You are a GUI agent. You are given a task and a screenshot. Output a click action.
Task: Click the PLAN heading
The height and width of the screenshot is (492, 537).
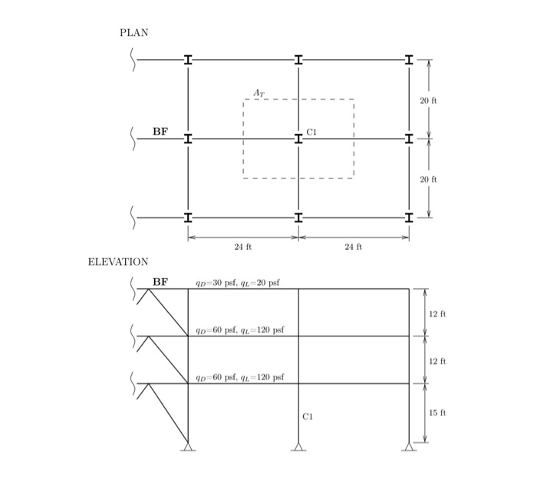(x=133, y=32)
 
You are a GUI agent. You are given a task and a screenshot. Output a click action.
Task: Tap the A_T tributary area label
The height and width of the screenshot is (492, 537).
(x=259, y=93)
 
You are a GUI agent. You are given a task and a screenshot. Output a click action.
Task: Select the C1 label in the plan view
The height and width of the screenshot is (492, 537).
(x=311, y=132)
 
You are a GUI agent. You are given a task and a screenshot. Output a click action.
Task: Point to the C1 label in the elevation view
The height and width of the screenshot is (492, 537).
(x=308, y=417)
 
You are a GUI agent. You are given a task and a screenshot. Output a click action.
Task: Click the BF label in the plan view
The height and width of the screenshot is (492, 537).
(x=160, y=132)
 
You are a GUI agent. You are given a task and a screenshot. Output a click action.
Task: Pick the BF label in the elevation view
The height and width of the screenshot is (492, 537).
(x=160, y=281)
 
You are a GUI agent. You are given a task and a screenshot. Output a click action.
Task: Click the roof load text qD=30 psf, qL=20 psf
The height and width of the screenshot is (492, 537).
(x=238, y=282)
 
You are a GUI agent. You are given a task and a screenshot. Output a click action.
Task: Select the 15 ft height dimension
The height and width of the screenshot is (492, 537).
(x=438, y=413)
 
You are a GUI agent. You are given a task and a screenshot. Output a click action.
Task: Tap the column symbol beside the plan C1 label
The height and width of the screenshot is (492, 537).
(x=298, y=139)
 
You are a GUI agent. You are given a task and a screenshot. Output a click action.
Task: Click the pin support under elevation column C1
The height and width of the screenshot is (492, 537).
(x=298, y=447)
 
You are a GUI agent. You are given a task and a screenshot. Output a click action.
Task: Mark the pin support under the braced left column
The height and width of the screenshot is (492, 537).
(x=188, y=447)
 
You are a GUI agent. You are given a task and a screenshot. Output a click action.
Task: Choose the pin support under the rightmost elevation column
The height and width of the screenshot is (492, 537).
(x=410, y=447)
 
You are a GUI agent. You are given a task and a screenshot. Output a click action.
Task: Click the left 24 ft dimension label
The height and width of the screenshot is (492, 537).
(x=243, y=247)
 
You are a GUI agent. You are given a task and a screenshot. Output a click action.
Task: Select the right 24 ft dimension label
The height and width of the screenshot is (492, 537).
(x=354, y=247)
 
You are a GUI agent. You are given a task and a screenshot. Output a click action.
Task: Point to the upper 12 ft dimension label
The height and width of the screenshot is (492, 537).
(x=438, y=313)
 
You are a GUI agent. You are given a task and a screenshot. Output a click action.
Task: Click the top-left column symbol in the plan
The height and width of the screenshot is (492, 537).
(x=188, y=60)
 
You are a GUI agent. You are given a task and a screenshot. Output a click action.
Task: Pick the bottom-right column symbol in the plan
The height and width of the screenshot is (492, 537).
(x=410, y=218)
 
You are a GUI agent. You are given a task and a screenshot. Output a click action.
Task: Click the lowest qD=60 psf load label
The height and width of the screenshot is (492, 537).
(x=240, y=377)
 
